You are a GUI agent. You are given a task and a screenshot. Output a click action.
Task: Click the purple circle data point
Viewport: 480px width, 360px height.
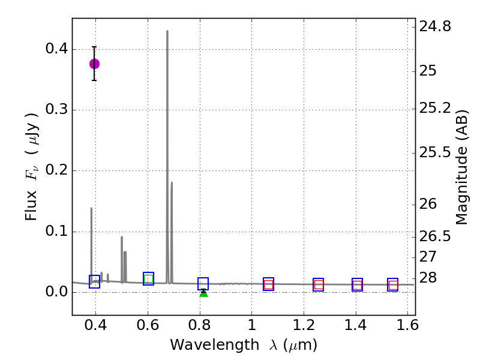click(94, 64)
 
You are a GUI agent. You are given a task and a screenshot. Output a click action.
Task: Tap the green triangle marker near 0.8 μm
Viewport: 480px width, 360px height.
click(203, 292)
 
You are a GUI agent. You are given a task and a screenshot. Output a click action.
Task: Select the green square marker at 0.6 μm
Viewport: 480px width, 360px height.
click(149, 278)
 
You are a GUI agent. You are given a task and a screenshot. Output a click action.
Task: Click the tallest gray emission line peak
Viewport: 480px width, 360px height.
click(167, 31)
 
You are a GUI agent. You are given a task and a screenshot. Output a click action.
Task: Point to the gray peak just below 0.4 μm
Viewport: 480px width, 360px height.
click(91, 208)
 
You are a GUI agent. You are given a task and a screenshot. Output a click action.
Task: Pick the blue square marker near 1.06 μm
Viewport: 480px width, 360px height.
click(268, 284)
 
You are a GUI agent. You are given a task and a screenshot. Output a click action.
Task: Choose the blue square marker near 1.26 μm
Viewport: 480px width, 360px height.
click(318, 285)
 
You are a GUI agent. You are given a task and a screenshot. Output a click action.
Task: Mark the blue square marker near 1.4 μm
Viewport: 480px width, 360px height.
click(357, 285)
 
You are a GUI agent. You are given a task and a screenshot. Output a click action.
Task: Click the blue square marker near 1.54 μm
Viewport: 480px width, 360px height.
click(393, 285)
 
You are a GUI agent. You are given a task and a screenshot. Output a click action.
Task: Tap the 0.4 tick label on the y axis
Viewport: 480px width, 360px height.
click(55, 49)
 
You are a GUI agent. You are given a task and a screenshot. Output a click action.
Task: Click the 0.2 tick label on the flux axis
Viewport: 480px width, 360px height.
click(55, 171)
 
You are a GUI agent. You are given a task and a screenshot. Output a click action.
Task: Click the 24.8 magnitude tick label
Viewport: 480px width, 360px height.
click(436, 26)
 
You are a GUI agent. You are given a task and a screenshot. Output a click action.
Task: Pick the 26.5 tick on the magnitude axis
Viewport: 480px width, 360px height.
click(436, 236)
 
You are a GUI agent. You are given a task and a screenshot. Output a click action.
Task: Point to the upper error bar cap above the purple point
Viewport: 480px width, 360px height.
click(94, 47)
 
